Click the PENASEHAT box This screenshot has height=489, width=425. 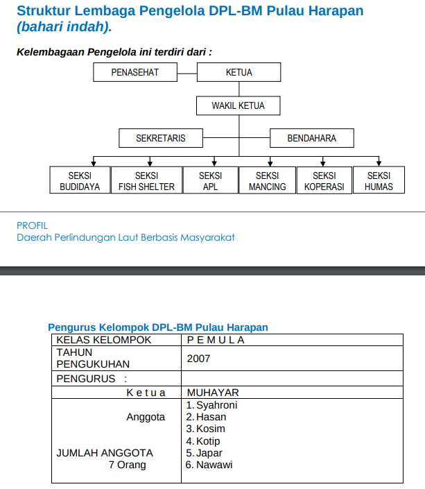(x=135, y=72)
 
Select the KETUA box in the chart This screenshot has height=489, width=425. (x=239, y=72)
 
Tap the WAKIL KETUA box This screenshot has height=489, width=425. (x=238, y=105)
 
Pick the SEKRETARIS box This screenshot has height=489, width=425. (x=161, y=138)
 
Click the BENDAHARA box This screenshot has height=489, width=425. (x=311, y=138)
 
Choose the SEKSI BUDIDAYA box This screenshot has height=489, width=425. (x=80, y=181)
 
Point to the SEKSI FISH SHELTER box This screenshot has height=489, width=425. (x=146, y=181)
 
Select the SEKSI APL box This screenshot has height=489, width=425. (x=210, y=181)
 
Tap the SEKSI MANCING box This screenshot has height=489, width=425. (x=267, y=181)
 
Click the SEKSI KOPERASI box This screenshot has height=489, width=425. (x=324, y=181)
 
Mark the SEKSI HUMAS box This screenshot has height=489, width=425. (x=379, y=181)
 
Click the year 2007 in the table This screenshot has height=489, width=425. (x=198, y=359)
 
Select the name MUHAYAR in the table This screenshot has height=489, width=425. (x=213, y=393)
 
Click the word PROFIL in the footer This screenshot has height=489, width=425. (x=32, y=225)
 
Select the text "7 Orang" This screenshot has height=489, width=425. (x=127, y=465)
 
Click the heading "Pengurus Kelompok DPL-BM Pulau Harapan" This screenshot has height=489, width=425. (x=158, y=327)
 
